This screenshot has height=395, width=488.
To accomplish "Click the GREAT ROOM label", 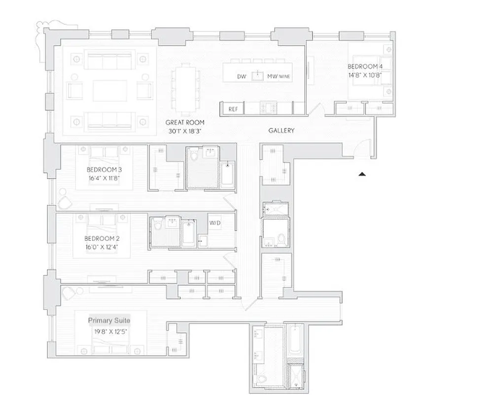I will pos(185,122).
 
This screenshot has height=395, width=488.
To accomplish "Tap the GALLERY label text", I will pos(281,131).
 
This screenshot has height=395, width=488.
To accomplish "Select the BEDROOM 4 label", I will pos(365,67).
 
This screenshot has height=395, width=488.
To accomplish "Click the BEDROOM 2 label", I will pos(102,238).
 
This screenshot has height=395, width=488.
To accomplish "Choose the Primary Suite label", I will pos(109,320).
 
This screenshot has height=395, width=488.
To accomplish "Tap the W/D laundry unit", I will pos(215,223).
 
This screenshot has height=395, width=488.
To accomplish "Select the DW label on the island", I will pos(242,77).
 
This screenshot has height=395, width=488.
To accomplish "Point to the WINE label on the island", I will pos(285,77).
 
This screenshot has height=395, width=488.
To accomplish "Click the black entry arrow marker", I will pos(363,174).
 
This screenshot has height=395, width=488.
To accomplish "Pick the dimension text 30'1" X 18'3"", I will pos(185,131).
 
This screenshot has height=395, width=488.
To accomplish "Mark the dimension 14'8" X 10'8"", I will pos(365,76).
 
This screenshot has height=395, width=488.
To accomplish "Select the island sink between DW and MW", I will pos(256,76).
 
